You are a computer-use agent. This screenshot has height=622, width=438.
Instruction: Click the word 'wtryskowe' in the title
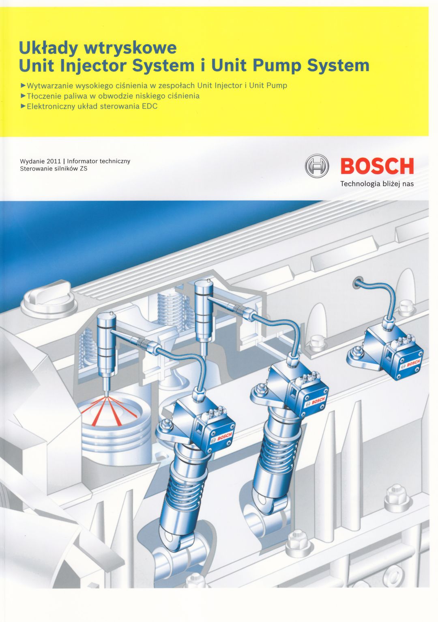130,48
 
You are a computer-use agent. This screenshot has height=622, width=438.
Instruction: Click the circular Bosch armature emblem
317,166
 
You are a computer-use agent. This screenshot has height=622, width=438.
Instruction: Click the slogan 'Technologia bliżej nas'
377,184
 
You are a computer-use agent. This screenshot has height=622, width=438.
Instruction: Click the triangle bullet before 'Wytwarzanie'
23,85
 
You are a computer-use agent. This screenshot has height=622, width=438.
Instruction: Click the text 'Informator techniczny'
99,161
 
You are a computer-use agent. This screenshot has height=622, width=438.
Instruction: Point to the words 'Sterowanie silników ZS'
54,168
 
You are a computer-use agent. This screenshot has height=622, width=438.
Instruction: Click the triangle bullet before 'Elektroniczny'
23,106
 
